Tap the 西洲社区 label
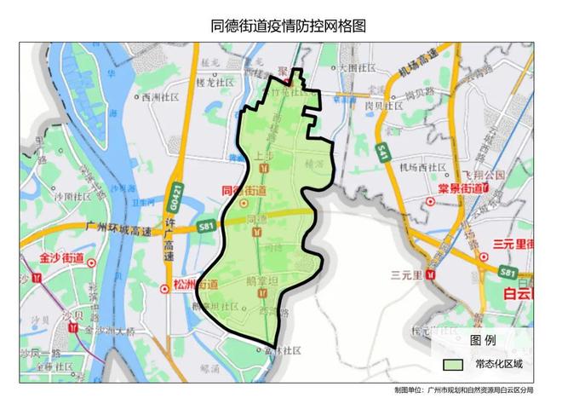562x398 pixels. point(158,97)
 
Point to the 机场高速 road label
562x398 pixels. point(418,66)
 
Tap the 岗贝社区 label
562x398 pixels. point(382,106)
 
